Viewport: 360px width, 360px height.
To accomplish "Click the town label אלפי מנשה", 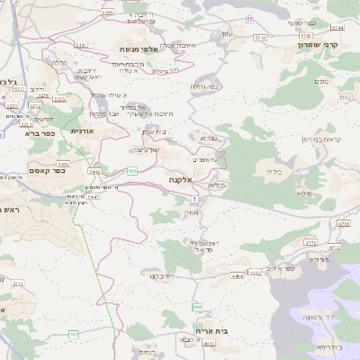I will tap(143, 50).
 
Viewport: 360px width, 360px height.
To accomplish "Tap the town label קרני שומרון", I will tap(320, 43).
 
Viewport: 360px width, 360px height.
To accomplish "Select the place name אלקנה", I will tap(179, 180).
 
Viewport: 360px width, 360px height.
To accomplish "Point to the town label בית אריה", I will tap(237, 331).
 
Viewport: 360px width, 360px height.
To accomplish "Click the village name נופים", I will tap(321, 82).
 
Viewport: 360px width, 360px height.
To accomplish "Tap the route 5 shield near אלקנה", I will tap(193, 198).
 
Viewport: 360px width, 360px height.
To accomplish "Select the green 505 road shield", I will tap(132, 171).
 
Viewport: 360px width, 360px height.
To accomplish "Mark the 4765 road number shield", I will tap(343, 223).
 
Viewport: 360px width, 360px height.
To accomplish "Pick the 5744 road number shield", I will tap(261, 37).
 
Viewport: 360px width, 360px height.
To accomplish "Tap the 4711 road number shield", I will tap(18, 283).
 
